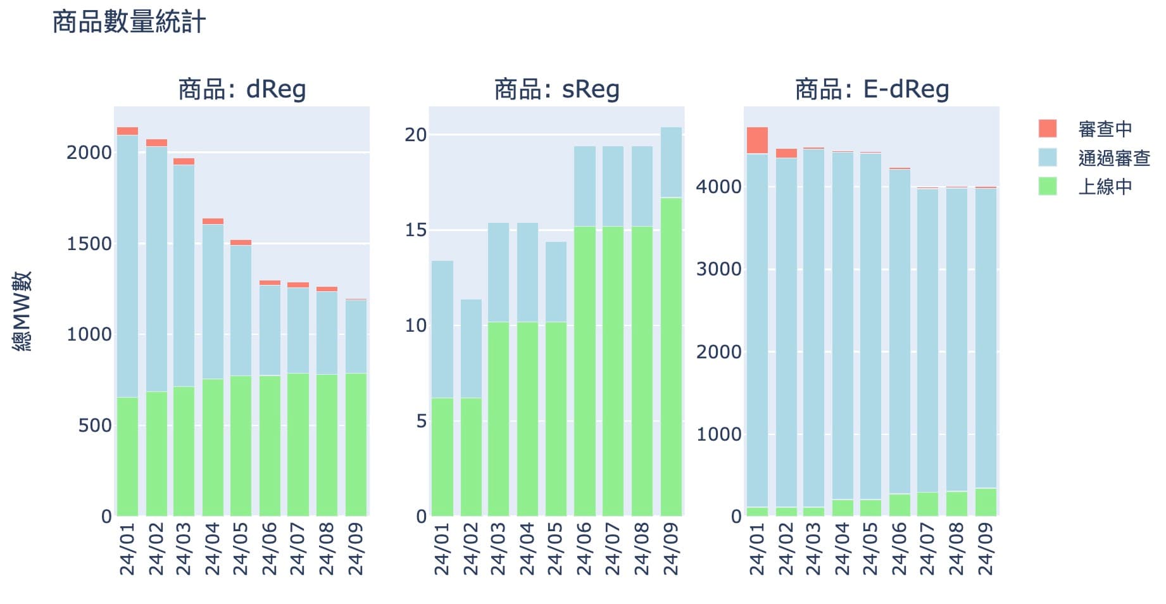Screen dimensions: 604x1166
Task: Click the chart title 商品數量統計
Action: pos(129,23)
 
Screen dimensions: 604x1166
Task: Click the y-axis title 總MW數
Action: pos(23,311)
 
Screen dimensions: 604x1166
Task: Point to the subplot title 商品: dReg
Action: pos(242,89)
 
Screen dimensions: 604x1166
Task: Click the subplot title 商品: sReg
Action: pos(556,89)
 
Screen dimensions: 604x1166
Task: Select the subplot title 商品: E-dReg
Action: pos(872,89)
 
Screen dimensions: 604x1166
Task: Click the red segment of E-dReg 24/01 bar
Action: pos(757,141)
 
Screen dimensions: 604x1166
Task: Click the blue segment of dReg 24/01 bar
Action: pos(127,266)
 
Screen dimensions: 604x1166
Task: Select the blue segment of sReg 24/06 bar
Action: pos(585,186)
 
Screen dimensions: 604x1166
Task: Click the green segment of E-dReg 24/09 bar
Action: pos(986,501)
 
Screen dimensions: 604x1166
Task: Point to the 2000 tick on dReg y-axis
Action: pos(89,153)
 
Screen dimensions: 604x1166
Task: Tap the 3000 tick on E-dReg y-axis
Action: pos(718,269)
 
